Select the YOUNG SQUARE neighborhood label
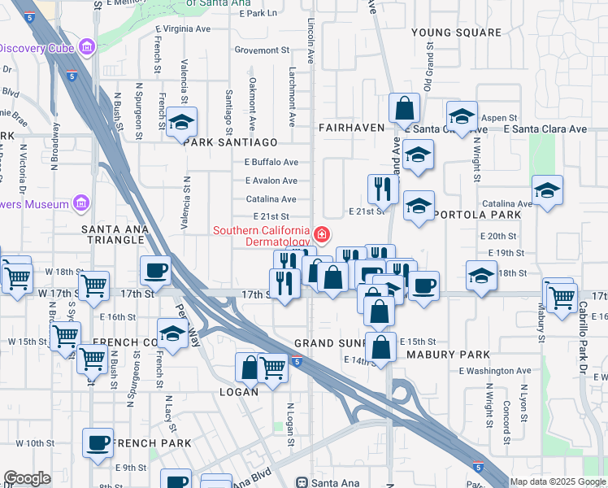coord(456,33)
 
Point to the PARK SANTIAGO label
coord(231,142)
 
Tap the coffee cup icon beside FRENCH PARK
coord(98,443)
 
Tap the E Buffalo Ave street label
coord(271,162)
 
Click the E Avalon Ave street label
coord(271,181)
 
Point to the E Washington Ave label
coord(494,371)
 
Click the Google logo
coord(27,478)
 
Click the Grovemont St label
coord(256,50)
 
